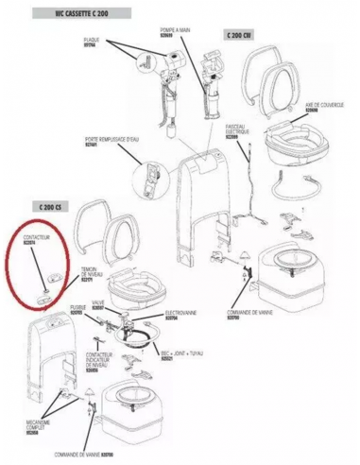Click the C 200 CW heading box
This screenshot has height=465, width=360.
[239, 35]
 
